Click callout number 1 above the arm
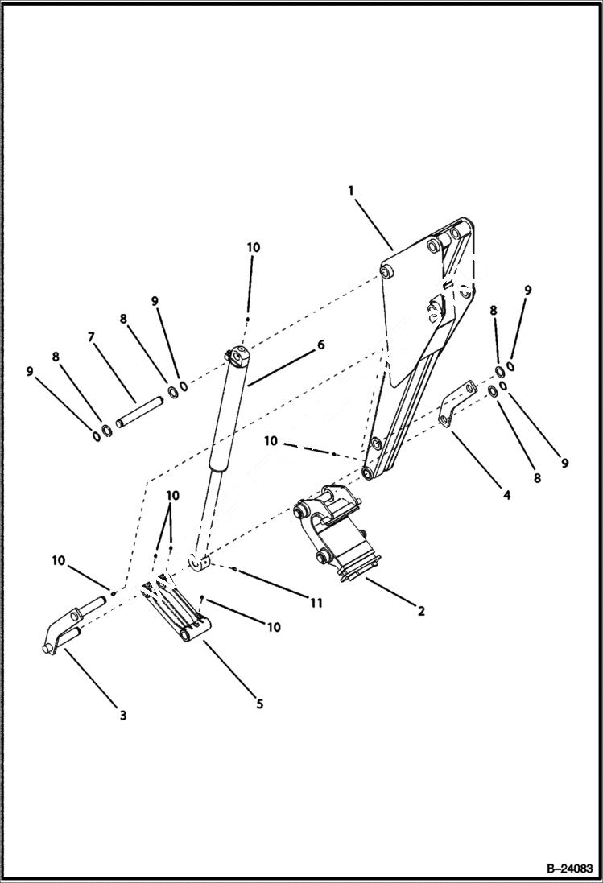tap(351, 190)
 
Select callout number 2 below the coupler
tap(420, 611)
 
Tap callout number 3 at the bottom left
tap(122, 715)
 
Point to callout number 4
tap(506, 496)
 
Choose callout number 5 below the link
tap(259, 704)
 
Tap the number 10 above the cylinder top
tap(254, 248)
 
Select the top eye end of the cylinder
tap(239, 353)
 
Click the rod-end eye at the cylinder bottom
tap(200, 562)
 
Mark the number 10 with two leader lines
tap(173, 494)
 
